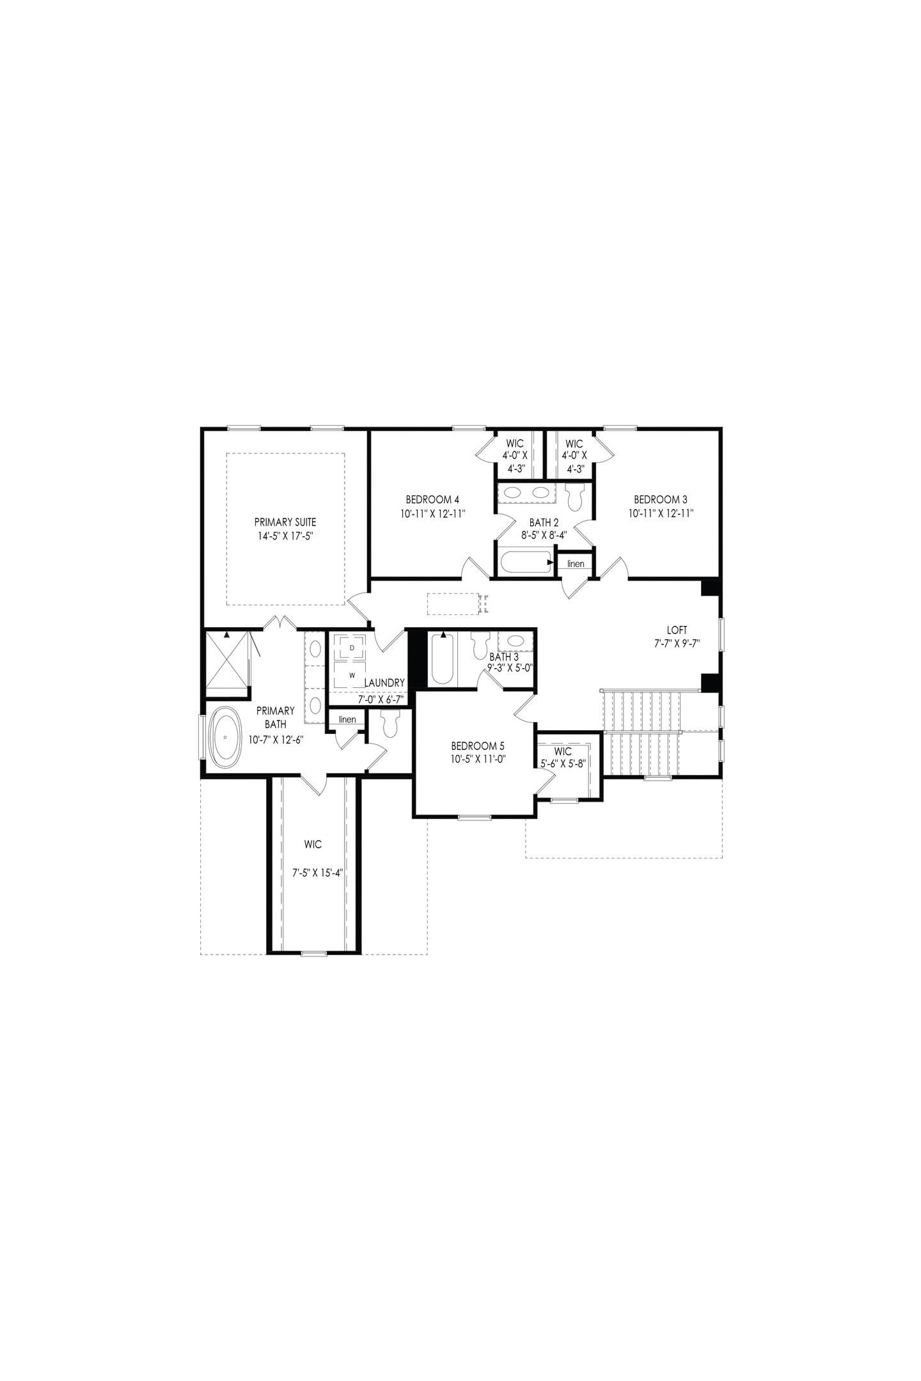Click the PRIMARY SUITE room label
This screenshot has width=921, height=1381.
pos(285,522)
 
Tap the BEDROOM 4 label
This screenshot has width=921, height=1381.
pos(432,499)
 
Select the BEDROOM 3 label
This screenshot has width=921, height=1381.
pos(660,499)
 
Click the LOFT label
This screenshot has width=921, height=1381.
pos(677,630)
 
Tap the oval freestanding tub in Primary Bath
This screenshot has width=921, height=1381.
pos(225,737)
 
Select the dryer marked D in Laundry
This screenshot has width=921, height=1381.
pos(352,648)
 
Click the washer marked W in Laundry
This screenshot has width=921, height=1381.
pos(352,675)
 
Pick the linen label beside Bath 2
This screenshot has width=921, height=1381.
pos(576,564)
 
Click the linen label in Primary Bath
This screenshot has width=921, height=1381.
pos(347,719)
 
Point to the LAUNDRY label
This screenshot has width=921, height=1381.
pos(384,683)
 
